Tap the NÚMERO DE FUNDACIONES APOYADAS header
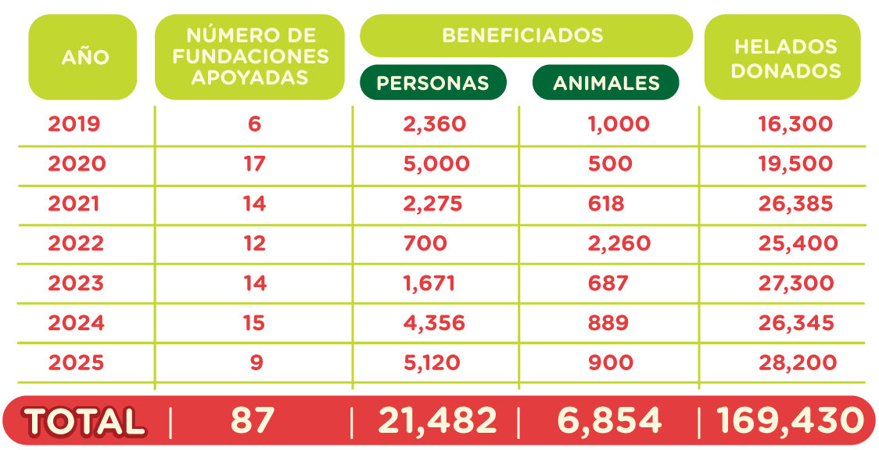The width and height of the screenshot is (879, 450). (x=250, y=56)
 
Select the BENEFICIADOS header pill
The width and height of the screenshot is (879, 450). (x=526, y=36)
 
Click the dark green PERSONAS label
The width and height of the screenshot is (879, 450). (x=432, y=83)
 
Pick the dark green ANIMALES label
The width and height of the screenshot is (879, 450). (x=606, y=83)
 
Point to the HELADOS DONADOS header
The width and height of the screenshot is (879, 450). (x=783, y=57)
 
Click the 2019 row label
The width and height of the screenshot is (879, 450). (x=74, y=124)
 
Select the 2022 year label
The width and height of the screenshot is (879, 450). (x=75, y=243)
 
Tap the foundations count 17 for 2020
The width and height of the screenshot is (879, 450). (x=254, y=164)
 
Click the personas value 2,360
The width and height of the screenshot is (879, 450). (x=434, y=124)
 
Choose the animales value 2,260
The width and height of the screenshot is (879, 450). (x=619, y=243)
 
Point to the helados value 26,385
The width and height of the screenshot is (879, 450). (x=795, y=203)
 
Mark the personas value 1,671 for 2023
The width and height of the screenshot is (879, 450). (x=429, y=283)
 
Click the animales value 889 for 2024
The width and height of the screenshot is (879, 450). (x=608, y=322)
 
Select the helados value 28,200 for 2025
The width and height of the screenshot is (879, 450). (x=797, y=363)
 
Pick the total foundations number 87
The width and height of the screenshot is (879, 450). (x=253, y=421)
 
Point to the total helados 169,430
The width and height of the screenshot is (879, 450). (x=791, y=421)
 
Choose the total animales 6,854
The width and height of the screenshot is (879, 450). (x=609, y=421)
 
